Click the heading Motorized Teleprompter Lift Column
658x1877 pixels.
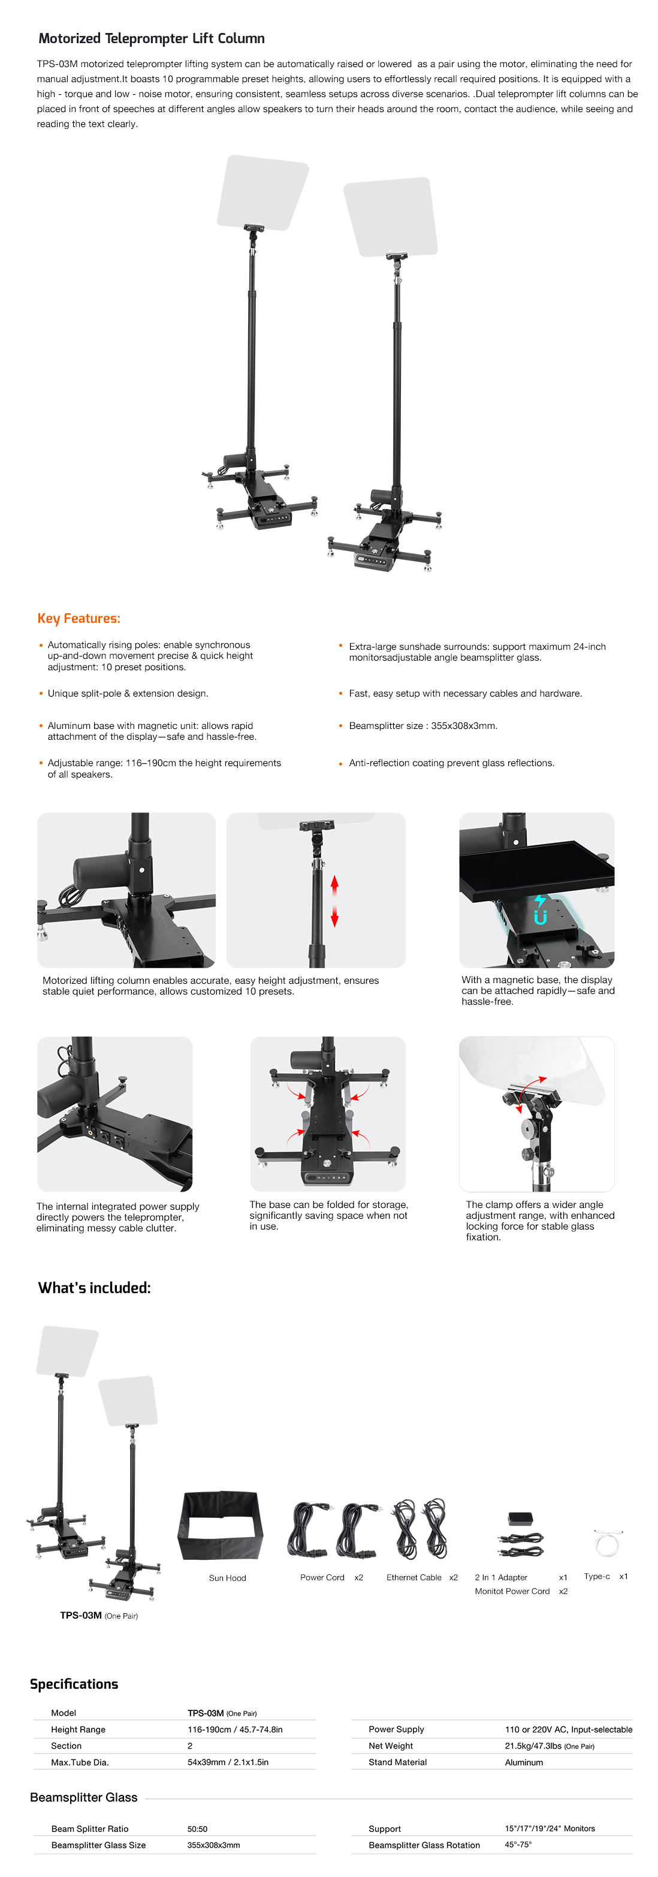[152, 38]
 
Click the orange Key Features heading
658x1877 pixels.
[79, 619]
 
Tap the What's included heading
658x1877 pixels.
[95, 1288]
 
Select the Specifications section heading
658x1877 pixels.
[74, 1684]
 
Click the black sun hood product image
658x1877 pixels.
[220, 1525]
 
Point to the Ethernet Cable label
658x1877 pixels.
[414, 1577]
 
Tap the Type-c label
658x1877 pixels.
[597, 1576]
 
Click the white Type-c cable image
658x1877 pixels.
[606, 1542]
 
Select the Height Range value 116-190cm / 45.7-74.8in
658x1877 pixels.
[235, 1729]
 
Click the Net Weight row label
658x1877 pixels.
[391, 1746]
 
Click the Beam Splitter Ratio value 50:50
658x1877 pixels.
[198, 1828]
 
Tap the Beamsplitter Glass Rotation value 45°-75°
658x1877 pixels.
[518, 1844]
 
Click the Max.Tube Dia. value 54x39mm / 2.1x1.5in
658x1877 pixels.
[228, 1762]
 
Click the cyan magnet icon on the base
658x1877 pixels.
[540, 910]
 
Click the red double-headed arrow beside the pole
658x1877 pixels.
[334, 902]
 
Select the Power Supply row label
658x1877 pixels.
[396, 1729]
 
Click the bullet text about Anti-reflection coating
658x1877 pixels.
[452, 763]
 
